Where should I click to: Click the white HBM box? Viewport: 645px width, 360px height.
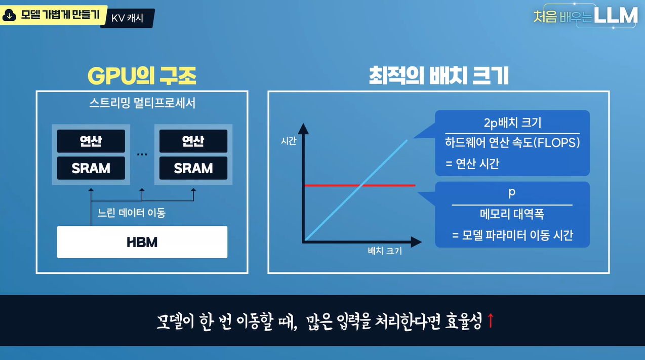[142, 242]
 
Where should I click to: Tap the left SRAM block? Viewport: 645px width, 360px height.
[91, 168]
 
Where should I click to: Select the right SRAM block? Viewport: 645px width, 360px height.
[193, 168]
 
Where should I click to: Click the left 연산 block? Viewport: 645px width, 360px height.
[91, 141]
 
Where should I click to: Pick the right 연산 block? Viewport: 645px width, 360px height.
[193, 141]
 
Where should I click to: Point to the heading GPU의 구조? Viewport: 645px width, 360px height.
[142, 76]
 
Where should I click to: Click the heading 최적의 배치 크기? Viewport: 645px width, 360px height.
[438, 75]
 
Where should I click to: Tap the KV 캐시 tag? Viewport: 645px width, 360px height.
[127, 18]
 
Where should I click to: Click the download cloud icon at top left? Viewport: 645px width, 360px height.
[9, 15]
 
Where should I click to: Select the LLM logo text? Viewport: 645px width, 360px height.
[615, 15]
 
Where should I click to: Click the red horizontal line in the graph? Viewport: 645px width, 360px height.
[360, 185]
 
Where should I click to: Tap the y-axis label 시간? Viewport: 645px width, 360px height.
[289, 141]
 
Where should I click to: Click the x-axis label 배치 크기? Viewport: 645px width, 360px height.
[385, 251]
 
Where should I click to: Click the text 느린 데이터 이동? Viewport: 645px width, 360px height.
[132, 213]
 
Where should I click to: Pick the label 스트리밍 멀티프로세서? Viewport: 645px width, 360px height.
[142, 103]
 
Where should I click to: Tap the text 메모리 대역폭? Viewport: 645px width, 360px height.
[512, 214]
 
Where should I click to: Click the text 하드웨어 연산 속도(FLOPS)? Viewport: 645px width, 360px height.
[512, 143]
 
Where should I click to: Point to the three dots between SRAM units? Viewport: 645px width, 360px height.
[142, 154]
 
